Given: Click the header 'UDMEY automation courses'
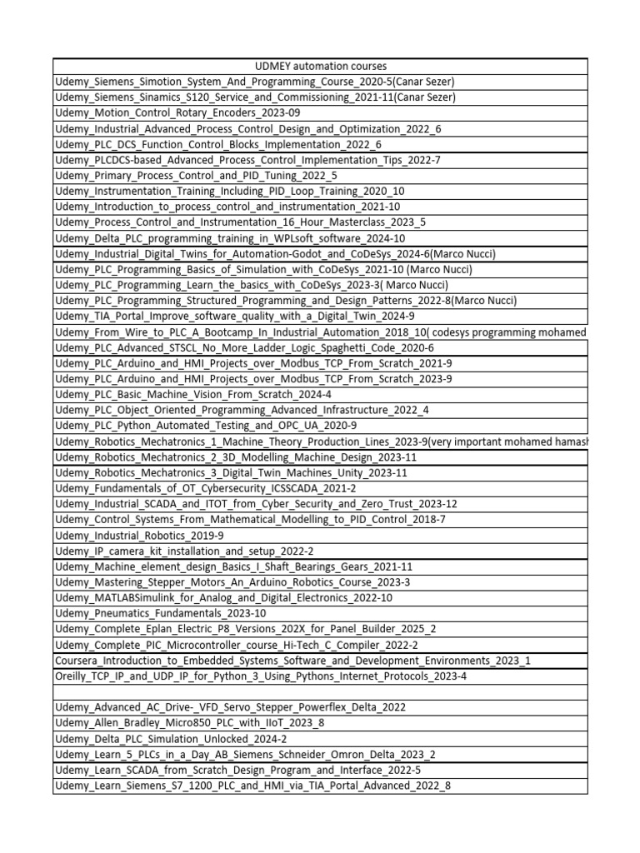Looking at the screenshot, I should [x=320, y=66].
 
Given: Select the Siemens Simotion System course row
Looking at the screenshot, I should [x=254, y=82].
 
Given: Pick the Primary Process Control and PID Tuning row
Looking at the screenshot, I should [x=196, y=175].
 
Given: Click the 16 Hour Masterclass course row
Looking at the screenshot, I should [x=240, y=222].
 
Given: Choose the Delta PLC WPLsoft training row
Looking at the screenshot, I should [x=230, y=238].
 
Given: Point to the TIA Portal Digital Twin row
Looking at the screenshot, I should [x=234, y=316].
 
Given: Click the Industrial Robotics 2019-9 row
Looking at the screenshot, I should [x=139, y=535].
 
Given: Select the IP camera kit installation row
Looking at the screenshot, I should [x=184, y=551].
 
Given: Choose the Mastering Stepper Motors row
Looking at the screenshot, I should [x=232, y=582].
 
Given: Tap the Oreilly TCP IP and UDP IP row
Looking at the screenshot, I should [x=261, y=676].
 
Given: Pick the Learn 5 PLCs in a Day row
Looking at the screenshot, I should [x=253, y=754].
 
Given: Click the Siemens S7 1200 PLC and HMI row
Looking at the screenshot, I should [x=252, y=786].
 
